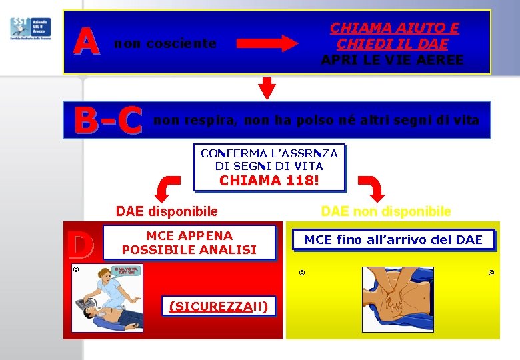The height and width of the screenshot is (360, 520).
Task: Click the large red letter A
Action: pos(87,41)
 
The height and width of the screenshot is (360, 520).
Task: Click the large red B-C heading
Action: pos(109,121)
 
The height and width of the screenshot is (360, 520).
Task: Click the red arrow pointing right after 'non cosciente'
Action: pos(268,44)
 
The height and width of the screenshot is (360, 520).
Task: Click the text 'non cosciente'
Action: pos(165,44)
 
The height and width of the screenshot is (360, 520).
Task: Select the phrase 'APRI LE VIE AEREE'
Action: pos(392,60)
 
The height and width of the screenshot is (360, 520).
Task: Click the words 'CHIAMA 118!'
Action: pos(269,180)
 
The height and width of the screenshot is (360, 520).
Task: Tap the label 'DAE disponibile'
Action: pos(167,211)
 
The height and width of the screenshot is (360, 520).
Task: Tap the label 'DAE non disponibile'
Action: pos(386,211)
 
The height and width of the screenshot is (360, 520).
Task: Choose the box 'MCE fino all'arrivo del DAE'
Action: pos(393,240)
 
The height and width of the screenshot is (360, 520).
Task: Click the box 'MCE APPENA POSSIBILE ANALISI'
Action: pos(189,243)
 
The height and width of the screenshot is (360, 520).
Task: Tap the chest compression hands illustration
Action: pos(397,299)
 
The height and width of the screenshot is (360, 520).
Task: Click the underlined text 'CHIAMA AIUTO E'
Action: pos(395,28)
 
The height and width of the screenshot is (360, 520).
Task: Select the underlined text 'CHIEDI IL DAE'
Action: pos(392,44)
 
